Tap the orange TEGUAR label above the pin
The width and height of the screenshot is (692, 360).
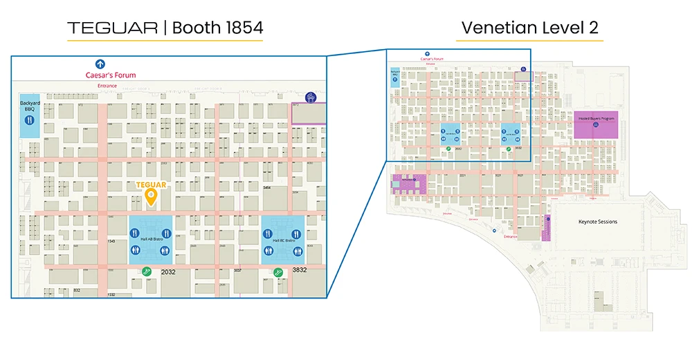150,185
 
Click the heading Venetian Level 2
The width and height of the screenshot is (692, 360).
529,28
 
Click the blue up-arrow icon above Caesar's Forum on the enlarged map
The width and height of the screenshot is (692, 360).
100,64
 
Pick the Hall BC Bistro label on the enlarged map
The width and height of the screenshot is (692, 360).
284,240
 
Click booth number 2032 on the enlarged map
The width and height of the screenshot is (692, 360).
168,272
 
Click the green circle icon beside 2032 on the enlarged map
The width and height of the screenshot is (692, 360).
146,272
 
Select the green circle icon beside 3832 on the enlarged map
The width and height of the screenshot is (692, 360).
278,272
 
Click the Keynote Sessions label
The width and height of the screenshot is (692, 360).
597,222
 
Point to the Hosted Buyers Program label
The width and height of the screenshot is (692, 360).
597,119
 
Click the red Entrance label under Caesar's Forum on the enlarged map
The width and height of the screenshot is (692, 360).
107,86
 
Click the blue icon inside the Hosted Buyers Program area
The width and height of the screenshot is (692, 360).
596,125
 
